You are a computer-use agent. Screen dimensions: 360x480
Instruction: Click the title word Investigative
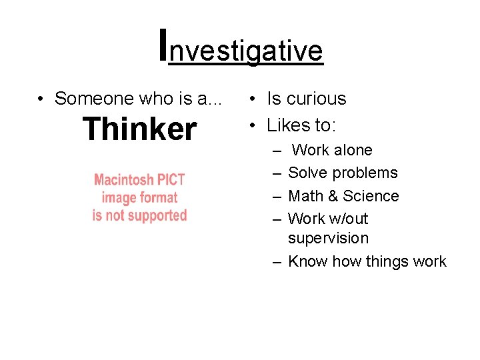pos(241,49)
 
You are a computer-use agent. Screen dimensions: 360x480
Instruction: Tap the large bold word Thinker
pos(139,129)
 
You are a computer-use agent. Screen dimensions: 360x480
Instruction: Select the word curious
pos(317,99)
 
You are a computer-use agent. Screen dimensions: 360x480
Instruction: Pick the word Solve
pos(308,173)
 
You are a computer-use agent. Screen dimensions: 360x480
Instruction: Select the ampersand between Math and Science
pos(337,196)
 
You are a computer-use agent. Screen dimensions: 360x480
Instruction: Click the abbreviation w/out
pos(349,219)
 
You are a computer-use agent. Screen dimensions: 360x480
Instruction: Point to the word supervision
pos(328,238)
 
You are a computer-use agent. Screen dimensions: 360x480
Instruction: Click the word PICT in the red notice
pos(171,180)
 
